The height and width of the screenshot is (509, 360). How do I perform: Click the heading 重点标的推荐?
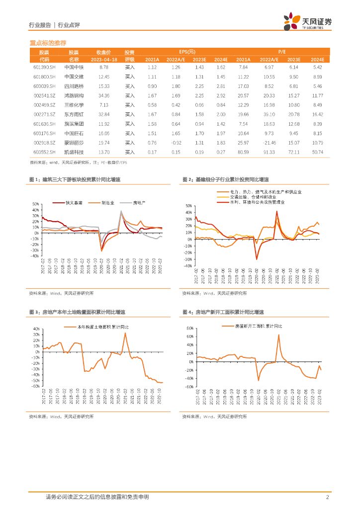point(48,43)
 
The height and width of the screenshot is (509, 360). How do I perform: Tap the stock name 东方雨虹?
point(74,114)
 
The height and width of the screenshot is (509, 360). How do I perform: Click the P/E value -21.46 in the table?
point(269,143)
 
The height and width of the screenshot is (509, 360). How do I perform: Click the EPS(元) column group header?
point(187,52)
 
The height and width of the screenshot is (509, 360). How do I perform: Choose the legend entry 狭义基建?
point(74,203)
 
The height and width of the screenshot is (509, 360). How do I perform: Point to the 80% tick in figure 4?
point(189,329)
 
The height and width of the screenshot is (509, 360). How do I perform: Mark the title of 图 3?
point(77,313)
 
